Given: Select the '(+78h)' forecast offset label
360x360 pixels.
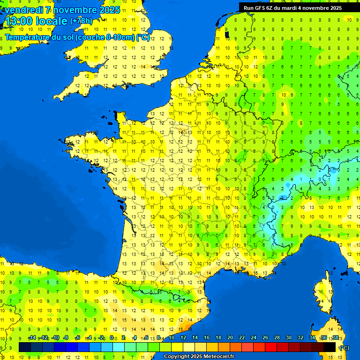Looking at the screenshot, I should click(82, 21).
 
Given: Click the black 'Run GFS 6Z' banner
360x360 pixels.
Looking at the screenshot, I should click(292, 7).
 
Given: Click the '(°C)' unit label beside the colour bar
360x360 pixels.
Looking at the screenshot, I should click(344, 347).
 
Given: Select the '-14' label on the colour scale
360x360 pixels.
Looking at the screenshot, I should click(32, 338).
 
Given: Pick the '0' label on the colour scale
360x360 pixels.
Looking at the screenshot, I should click(112, 338).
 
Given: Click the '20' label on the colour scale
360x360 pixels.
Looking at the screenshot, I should click(230, 338).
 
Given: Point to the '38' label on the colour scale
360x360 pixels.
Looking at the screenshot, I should click(335, 338).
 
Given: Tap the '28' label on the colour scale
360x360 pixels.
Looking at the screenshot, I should click(277, 338).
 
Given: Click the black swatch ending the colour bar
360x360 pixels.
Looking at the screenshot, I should click(330, 347).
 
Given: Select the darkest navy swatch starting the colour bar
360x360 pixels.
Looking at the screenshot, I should click(25, 347).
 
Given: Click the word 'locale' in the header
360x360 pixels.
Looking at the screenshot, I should click(52, 21).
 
